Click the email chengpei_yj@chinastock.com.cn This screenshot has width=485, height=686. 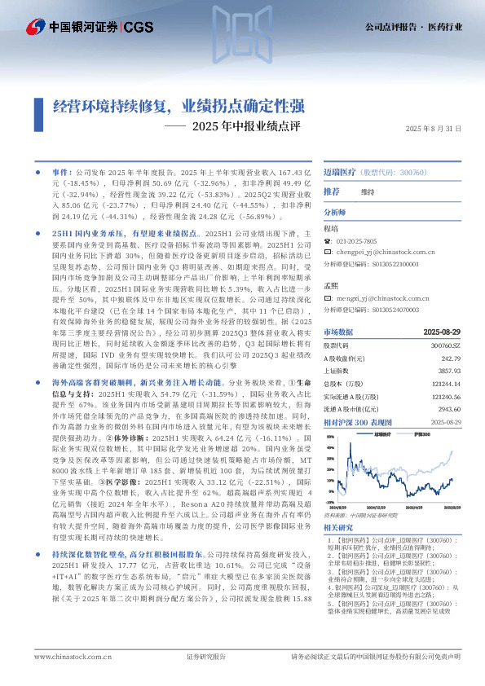[386, 253]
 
